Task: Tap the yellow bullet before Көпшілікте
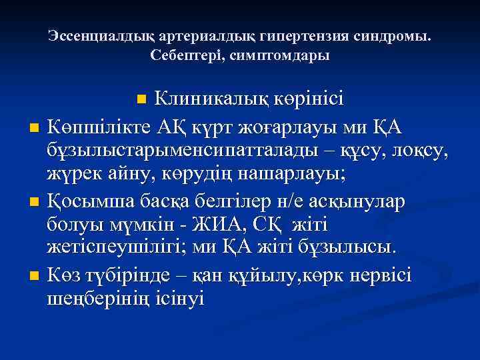(x=34, y=127)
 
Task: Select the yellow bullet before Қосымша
(x=34, y=201)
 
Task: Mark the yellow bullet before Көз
(x=34, y=275)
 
